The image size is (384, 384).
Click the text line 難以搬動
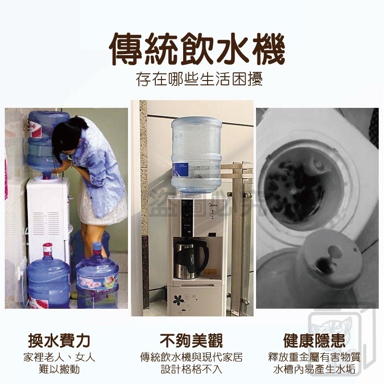point(59,370)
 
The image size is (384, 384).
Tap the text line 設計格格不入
point(192,370)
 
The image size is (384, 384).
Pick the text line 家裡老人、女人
point(59,357)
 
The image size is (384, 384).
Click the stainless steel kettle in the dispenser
point(189,259)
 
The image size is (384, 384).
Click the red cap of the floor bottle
point(47,249)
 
